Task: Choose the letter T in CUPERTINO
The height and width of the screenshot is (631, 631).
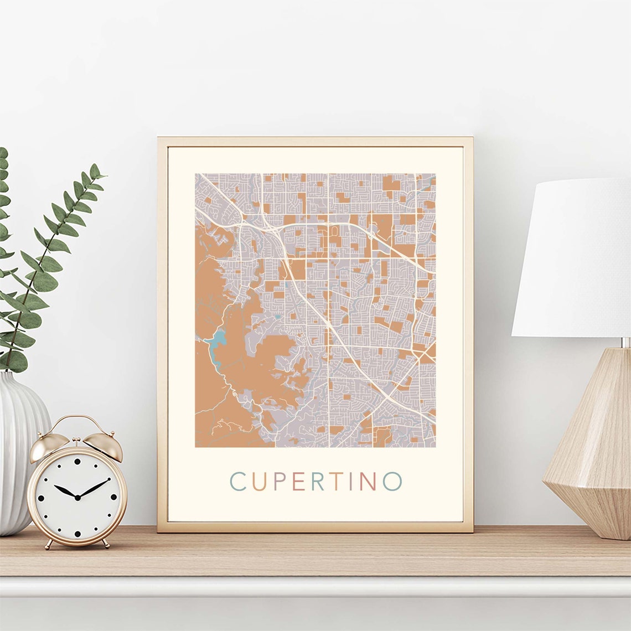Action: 337,482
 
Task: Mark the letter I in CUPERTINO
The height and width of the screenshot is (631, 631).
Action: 351,482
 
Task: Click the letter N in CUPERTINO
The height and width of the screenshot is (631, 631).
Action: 368,482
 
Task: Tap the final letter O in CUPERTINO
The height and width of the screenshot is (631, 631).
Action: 392,482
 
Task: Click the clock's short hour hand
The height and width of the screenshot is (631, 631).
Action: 65,491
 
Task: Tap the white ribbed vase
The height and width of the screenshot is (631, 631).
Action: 19,454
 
